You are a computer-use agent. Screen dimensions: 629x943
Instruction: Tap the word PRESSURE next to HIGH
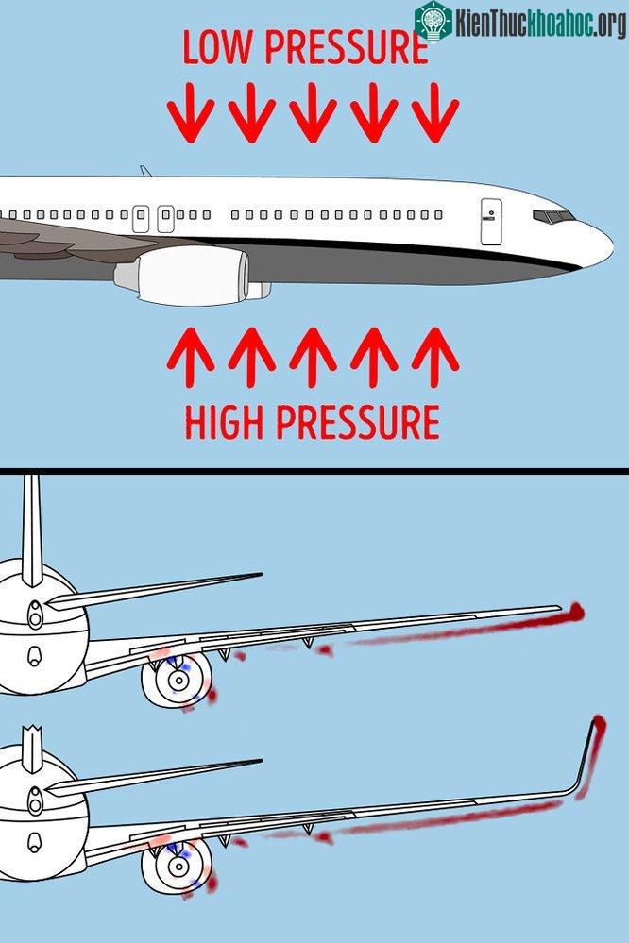point(358,422)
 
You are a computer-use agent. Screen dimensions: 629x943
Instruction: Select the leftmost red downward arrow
point(191,113)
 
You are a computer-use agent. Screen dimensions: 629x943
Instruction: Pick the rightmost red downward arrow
point(435,113)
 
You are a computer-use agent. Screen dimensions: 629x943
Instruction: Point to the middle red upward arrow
point(313,357)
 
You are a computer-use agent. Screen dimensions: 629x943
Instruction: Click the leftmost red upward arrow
point(191,357)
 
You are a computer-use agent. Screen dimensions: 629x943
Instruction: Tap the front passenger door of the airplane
point(491,221)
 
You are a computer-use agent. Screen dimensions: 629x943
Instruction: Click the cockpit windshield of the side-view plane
point(552,216)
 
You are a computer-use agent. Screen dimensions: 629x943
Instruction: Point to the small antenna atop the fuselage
point(145,171)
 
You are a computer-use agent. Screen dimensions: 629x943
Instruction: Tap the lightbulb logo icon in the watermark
point(433,22)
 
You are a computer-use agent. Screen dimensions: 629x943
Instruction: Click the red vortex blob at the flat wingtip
point(575,613)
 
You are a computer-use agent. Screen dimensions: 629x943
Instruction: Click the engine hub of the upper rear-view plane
point(178,681)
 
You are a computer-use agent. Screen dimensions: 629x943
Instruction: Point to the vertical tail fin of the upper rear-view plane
point(32,530)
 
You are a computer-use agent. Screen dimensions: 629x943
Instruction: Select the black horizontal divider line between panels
point(314,472)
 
